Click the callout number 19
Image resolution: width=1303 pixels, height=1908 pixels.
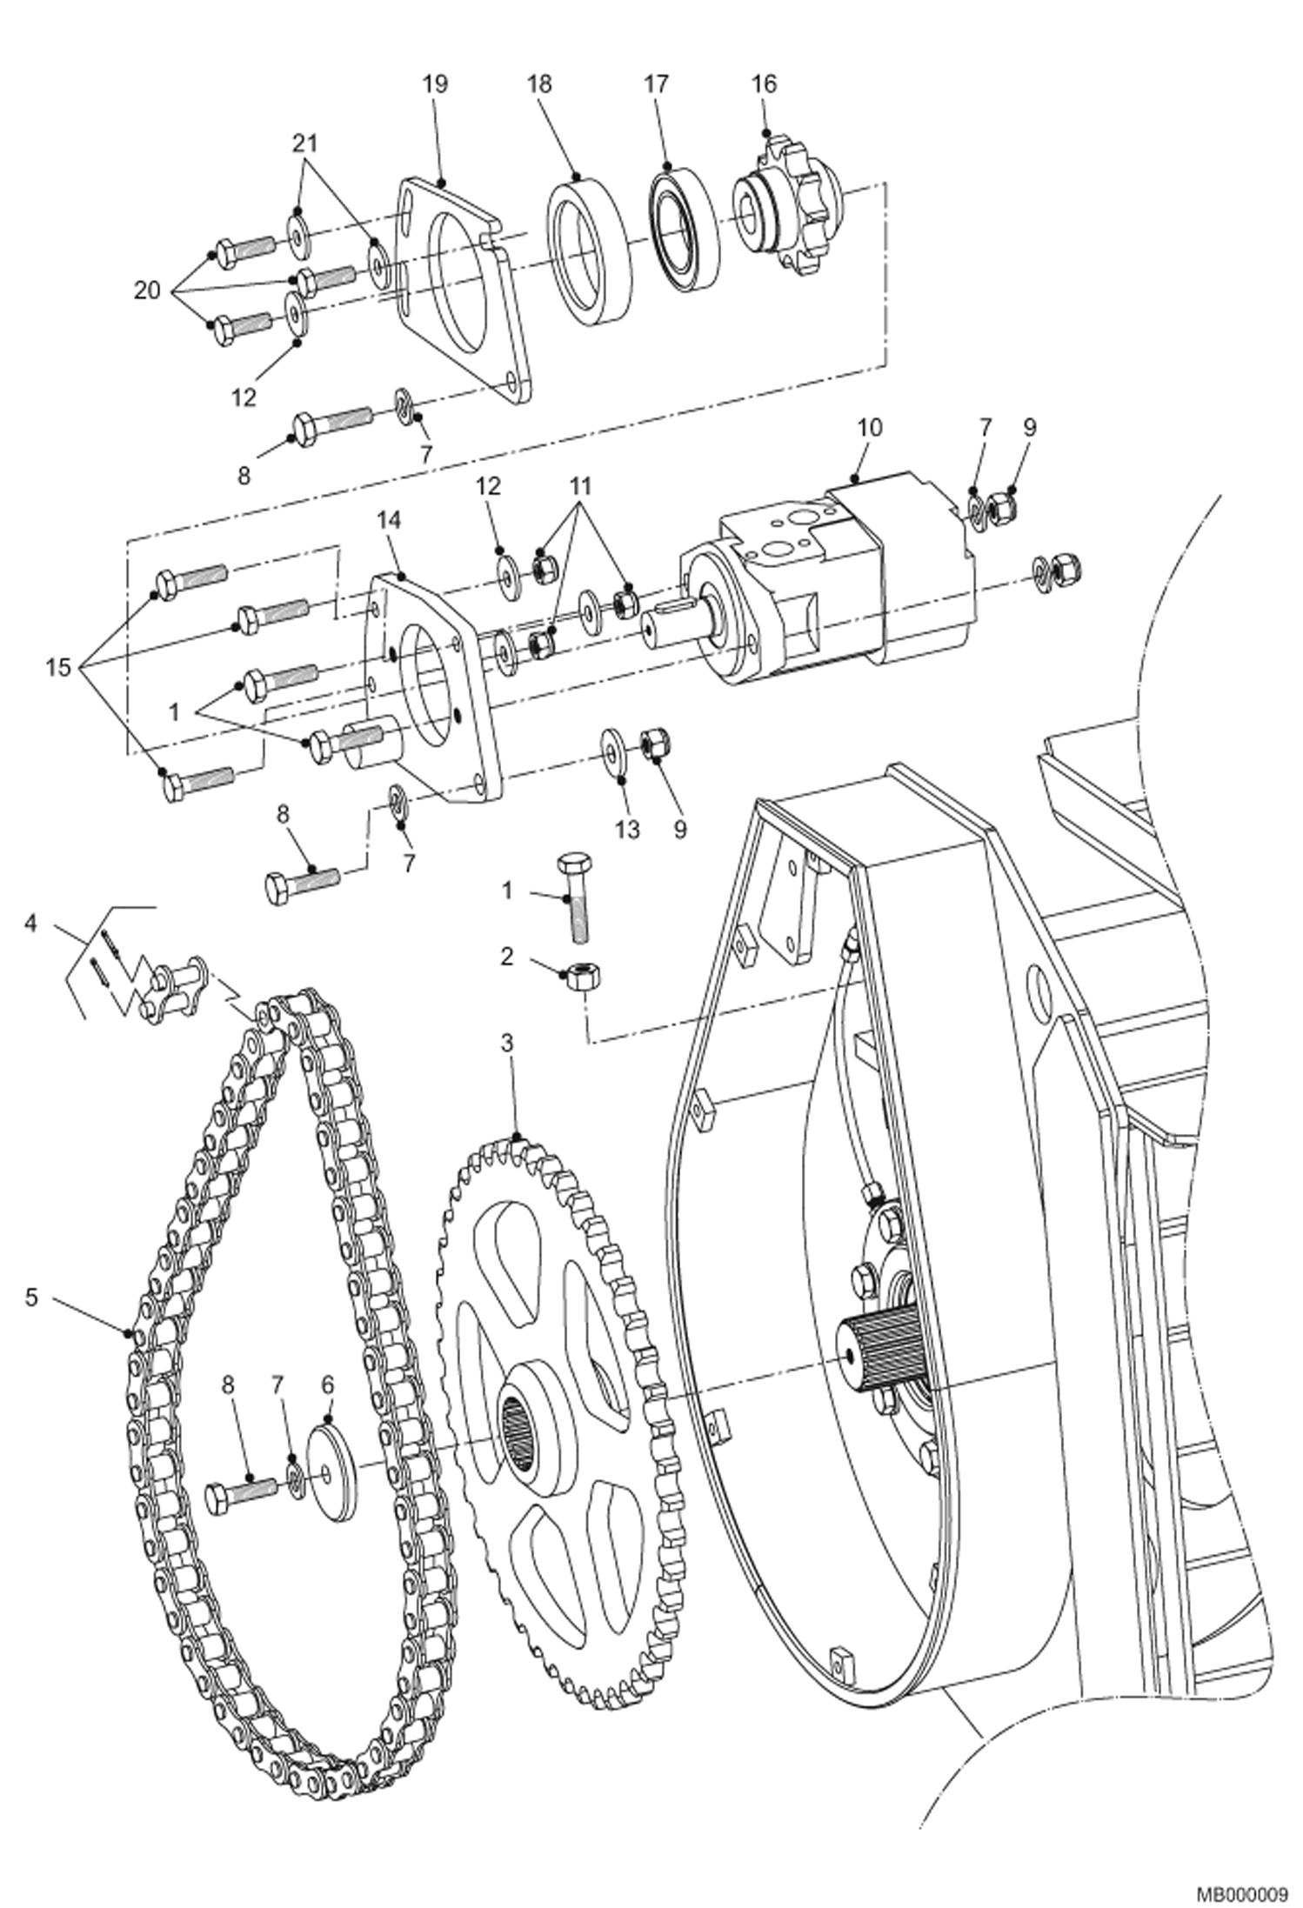pos(435,84)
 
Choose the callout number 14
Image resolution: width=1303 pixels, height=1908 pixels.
pos(389,519)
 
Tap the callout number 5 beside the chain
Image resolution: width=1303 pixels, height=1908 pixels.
pos(31,1298)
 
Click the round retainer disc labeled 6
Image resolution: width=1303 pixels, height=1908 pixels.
pos(335,1470)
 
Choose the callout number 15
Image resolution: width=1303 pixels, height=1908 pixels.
pos(59,668)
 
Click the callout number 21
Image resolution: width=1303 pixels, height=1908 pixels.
pos(304,142)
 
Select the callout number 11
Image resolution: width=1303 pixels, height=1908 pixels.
pos(580,484)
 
